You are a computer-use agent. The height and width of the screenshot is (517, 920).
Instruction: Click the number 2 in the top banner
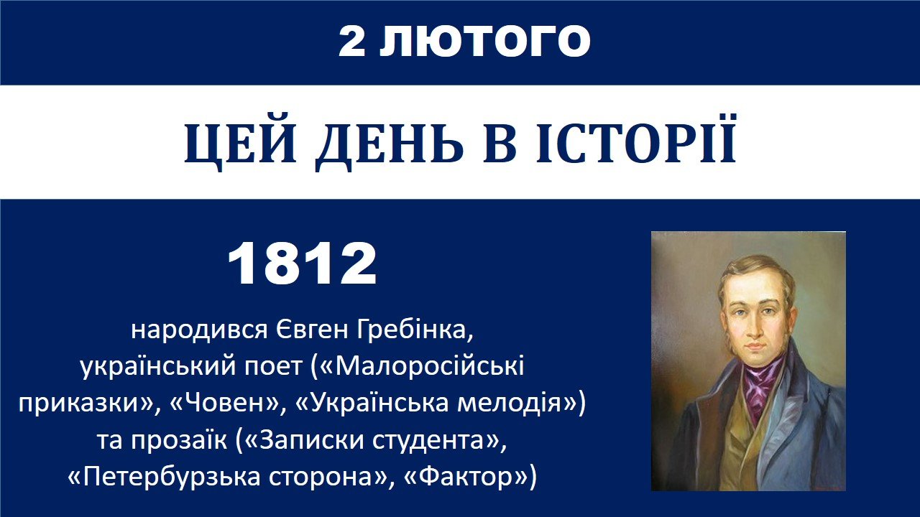click(x=352, y=41)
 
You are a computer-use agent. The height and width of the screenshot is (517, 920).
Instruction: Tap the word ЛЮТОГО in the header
click(x=484, y=41)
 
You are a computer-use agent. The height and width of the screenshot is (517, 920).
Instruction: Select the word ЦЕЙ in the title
click(x=240, y=144)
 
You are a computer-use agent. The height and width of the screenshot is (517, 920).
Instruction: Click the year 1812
click(x=302, y=263)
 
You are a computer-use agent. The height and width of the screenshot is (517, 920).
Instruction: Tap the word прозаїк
click(x=179, y=439)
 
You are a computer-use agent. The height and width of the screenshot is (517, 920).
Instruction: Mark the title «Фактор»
click(x=466, y=477)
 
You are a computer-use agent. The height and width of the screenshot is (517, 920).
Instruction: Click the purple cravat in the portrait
click(x=760, y=385)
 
